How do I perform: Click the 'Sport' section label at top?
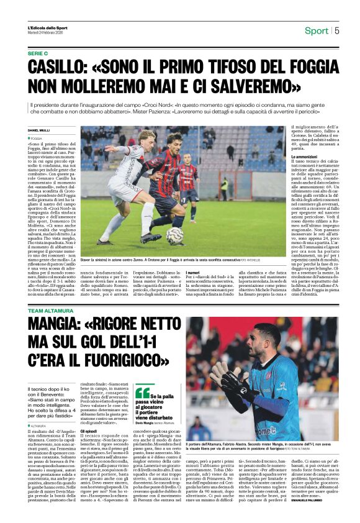coord(317,30)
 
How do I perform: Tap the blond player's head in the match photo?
coord(148,137)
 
